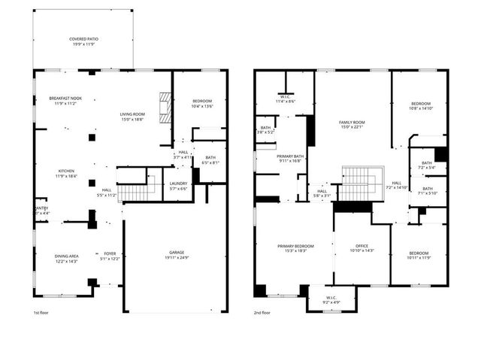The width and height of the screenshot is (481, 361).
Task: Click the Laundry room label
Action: coord(178,185)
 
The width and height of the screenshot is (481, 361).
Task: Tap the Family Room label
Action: coord(352,124)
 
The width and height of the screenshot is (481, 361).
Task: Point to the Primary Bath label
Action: coord(268,157)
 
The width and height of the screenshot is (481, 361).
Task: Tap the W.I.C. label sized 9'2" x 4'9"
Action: coord(331,299)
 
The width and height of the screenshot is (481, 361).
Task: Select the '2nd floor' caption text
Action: coord(262,312)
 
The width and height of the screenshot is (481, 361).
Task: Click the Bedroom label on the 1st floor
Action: coord(201,103)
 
